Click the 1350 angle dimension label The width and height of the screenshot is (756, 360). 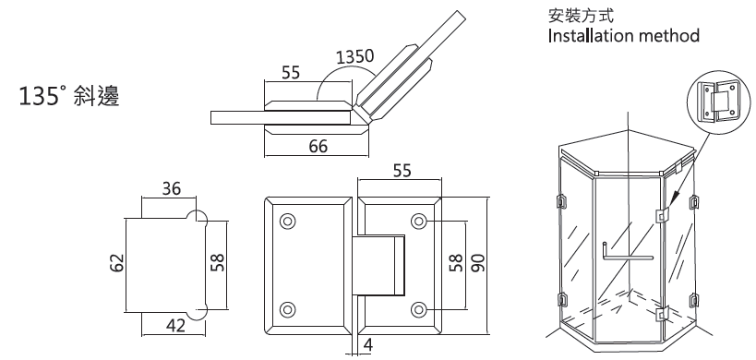(x=354, y=57)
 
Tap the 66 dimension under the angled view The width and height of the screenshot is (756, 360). (x=318, y=146)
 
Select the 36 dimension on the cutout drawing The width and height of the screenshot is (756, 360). (x=171, y=188)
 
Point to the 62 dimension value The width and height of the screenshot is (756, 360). (x=116, y=263)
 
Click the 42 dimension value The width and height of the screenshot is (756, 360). (x=174, y=326)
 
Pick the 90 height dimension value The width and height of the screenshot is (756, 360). (x=478, y=263)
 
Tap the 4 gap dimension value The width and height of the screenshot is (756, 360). (x=368, y=345)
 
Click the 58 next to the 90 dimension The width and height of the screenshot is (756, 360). (x=456, y=263)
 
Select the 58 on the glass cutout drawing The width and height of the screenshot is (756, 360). (x=218, y=263)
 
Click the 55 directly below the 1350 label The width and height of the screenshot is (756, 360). (x=291, y=73)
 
